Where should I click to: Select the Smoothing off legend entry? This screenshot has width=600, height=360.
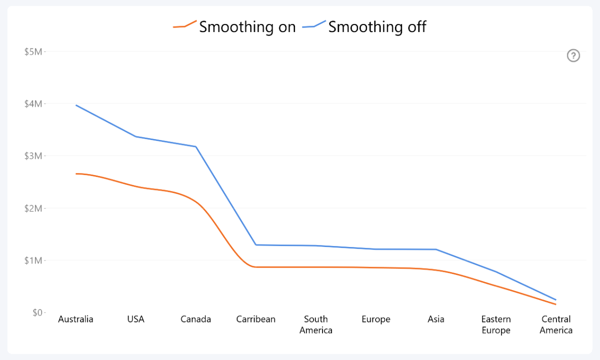click(364, 26)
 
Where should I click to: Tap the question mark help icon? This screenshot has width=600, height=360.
click(573, 55)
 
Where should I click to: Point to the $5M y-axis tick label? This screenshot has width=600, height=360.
click(33, 51)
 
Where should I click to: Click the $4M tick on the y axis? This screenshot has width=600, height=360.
click(33, 103)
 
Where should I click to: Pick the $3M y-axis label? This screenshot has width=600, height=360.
click(33, 156)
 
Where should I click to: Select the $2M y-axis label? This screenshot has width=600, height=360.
click(33, 208)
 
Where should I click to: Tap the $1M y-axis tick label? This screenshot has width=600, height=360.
click(33, 260)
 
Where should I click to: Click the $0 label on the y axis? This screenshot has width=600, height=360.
click(36, 312)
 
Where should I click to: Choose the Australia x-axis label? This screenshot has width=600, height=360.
click(75, 319)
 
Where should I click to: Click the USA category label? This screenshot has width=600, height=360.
click(135, 319)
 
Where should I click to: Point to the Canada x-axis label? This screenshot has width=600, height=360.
click(195, 319)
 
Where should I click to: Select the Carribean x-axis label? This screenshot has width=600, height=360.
click(255, 319)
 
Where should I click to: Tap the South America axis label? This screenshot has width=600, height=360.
click(316, 324)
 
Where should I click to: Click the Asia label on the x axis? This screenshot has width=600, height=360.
click(436, 319)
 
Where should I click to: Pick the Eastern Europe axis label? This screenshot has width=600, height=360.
click(496, 324)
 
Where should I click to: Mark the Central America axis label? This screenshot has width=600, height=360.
click(556, 324)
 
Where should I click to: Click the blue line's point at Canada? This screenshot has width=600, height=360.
click(195, 146)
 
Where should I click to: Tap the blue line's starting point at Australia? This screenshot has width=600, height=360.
click(76, 105)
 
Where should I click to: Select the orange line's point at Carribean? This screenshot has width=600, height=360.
click(255, 267)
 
